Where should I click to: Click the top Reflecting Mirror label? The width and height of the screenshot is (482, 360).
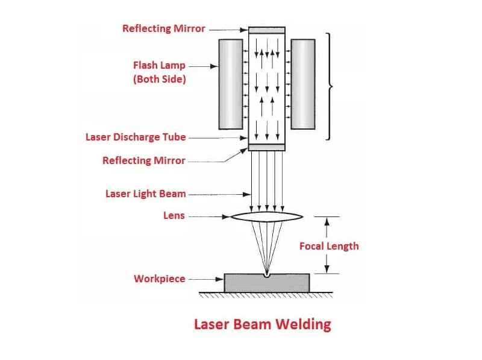click(x=163, y=28)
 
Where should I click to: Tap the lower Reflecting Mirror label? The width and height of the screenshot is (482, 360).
click(x=143, y=160)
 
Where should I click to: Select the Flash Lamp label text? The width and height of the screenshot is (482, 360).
click(x=159, y=65)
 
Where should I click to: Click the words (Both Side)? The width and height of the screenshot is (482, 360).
click(x=159, y=79)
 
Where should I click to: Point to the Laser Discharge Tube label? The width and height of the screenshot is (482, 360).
click(x=136, y=137)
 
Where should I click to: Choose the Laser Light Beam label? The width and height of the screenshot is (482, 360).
click(x=145, y=194)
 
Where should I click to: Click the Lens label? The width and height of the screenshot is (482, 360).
click(x=174, y=215)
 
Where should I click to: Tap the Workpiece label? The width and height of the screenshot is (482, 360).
click(x=159, y=279)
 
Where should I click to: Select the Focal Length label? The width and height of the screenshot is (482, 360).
click(x=329, y=246)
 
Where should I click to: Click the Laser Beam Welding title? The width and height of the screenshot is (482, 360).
click(x=262, y=324)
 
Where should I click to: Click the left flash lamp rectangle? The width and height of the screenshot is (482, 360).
click(x=231, y=84)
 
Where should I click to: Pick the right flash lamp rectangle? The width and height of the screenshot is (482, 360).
click(x=303, y=84)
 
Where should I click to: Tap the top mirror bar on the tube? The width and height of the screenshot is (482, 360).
click(x=267, y=30)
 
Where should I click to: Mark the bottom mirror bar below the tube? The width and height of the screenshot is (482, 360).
click(x=267, y=147)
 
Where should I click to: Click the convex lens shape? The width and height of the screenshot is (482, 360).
click(x=267, y=217)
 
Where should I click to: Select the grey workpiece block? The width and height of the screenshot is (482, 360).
click(x=241, y=283)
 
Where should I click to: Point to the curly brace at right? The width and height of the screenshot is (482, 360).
click(x=330, y=87)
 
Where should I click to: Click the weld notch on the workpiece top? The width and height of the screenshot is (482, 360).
click(x=267, y=276)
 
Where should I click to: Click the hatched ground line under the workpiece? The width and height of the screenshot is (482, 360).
click(x=267, y=295)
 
